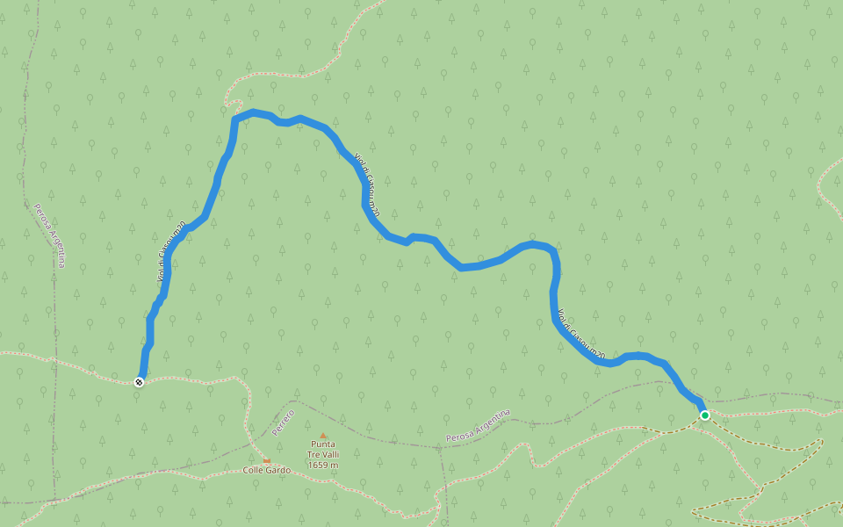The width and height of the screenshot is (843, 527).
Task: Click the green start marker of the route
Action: [704, 415]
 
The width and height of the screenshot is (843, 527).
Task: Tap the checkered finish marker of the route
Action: [139, 381]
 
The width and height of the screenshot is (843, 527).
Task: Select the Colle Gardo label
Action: [266, 471]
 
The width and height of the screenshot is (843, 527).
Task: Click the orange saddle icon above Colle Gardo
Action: [266, 459]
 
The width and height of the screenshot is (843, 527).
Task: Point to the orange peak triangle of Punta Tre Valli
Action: [323, 436]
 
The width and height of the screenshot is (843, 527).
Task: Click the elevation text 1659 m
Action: [323, 465]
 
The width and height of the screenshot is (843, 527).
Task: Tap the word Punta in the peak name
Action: [323, 444]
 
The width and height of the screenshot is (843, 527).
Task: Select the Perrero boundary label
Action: [283, 422]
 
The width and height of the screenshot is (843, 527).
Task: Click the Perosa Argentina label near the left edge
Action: [50, 235]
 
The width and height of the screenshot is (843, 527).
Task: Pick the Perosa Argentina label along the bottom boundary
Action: [478, 426]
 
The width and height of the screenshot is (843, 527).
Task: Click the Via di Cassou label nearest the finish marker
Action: [170, 252]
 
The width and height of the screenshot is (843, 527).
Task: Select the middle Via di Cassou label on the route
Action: [366, 184]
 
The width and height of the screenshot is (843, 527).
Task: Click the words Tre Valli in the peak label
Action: [323, 454]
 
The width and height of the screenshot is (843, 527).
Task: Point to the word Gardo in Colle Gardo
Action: [277, 471]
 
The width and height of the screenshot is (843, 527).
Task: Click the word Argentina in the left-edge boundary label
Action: [58, 250]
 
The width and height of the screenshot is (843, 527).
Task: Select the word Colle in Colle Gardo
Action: [254, 471]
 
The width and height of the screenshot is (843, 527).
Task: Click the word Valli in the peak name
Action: [330, 454]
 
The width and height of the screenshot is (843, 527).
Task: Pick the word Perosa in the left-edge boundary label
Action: [41, 217]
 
